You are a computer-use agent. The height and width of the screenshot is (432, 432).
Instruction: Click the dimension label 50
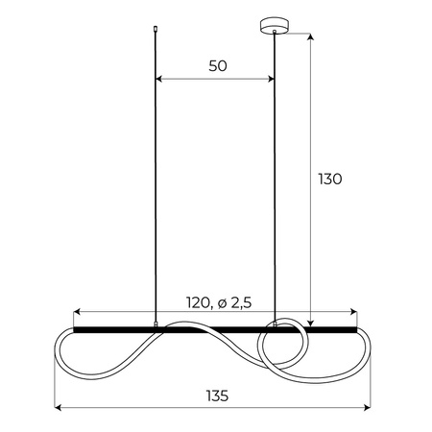(216, 65)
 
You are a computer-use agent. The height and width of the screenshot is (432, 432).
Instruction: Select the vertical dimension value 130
(330, 179)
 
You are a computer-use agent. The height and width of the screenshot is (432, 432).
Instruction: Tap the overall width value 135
(217, 394)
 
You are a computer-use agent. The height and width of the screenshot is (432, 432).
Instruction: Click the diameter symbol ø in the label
(224, 302)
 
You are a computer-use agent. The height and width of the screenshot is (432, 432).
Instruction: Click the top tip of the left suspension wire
(156, 30)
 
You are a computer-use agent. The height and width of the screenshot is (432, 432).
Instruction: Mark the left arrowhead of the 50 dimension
(159, 79)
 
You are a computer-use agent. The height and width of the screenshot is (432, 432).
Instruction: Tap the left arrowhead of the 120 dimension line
(78, 313)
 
